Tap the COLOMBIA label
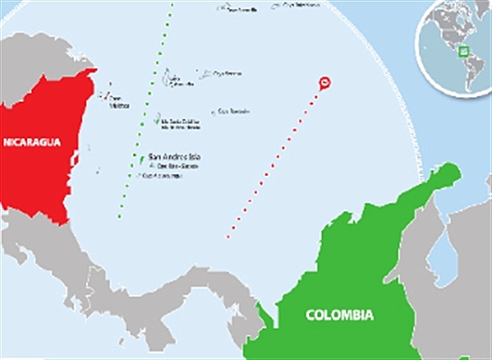[x=339, y=316]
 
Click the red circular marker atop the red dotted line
[x=324, y=83]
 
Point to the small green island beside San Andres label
[x=141, y=159]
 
